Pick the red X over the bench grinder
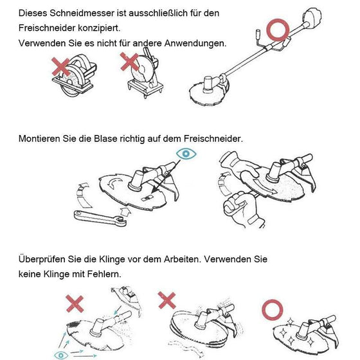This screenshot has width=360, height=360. pos(130,62)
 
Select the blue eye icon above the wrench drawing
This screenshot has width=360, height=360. pos(186,154)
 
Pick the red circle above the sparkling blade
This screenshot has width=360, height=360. pos(273,310)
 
